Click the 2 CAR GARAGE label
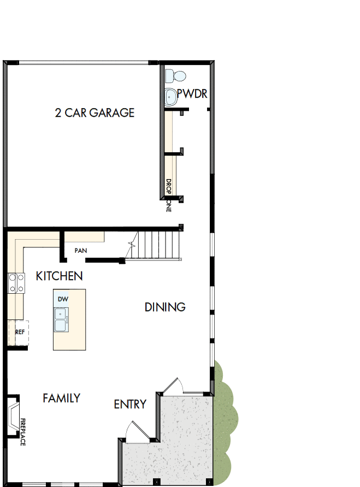click(x=95, y=113)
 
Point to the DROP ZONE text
click(x=169, y=195)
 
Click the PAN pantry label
click(x=81, y=251)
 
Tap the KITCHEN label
click(x=59, y=276)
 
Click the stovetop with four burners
click(x=16, y=283)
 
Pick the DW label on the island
click(x=62, y=299)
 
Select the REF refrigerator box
click(x=19, y=332)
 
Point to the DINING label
click(x=165, y=307)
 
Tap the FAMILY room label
click(x=61, y=398)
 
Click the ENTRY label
click(x=129, y=404)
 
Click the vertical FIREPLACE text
click(x=23, y=432)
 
